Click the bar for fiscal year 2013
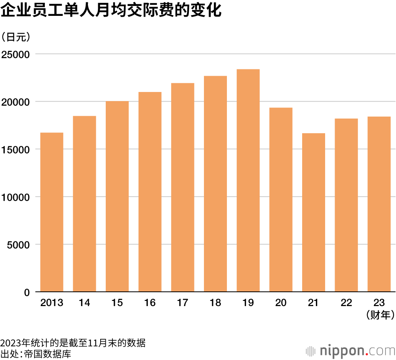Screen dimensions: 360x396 pos(52,212)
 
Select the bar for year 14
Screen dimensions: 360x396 pos(84,204)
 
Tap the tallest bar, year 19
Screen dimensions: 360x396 pos(248,180)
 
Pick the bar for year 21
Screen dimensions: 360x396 pos(313,213)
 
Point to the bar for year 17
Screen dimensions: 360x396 pos(183,188)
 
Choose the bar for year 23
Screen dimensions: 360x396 pos(379,204)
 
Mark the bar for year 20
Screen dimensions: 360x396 pos(281,200)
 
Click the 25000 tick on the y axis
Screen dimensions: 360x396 pos(16,54)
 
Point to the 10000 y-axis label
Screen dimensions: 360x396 pos(16,197)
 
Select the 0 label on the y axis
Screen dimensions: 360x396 pos(27,293)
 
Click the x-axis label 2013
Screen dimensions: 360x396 pos(52,303)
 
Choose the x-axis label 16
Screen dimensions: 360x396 pos(150,303)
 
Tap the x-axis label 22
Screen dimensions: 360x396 pos(346,303)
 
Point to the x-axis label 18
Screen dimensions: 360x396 pos(215,303)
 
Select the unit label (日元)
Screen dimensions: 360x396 pos(16,37)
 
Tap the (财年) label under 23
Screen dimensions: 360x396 pos(379,315)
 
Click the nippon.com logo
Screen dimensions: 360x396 pos(351,350)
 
